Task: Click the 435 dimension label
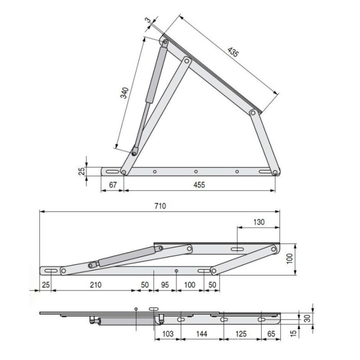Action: [x=233, y=52]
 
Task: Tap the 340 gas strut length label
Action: [x=124, y=93]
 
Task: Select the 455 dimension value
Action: [x=199, y=185]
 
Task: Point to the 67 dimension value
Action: [x=112, y=185]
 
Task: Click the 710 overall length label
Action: [x=160, y=206]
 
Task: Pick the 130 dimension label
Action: [x=259, y=222]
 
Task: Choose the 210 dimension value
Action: [x=95, y=284]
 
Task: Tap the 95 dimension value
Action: [x=165, y=284]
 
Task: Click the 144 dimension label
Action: [x=201, y=333]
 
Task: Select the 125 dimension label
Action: [x=240, y=333]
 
